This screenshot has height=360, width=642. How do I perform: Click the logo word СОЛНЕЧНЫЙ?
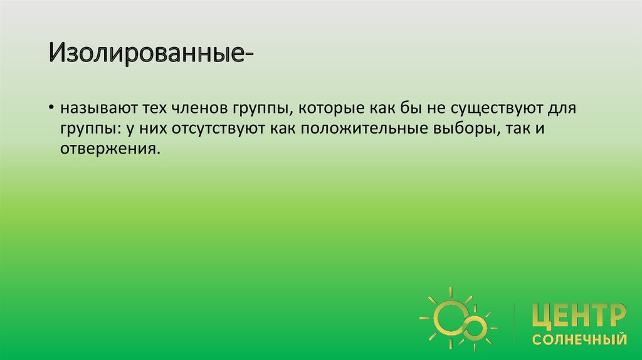[579, 340]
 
